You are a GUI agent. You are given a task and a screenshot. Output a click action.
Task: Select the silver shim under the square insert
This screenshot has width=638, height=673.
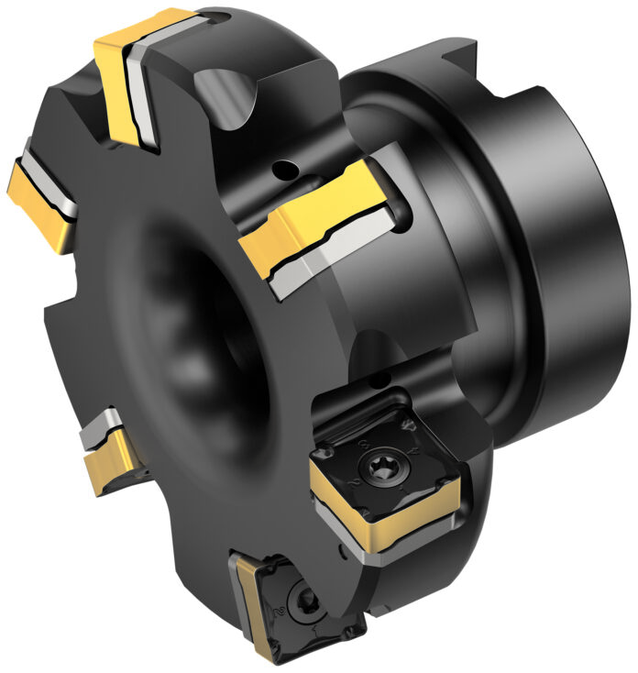pyautogui.click(x=394, y=550)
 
